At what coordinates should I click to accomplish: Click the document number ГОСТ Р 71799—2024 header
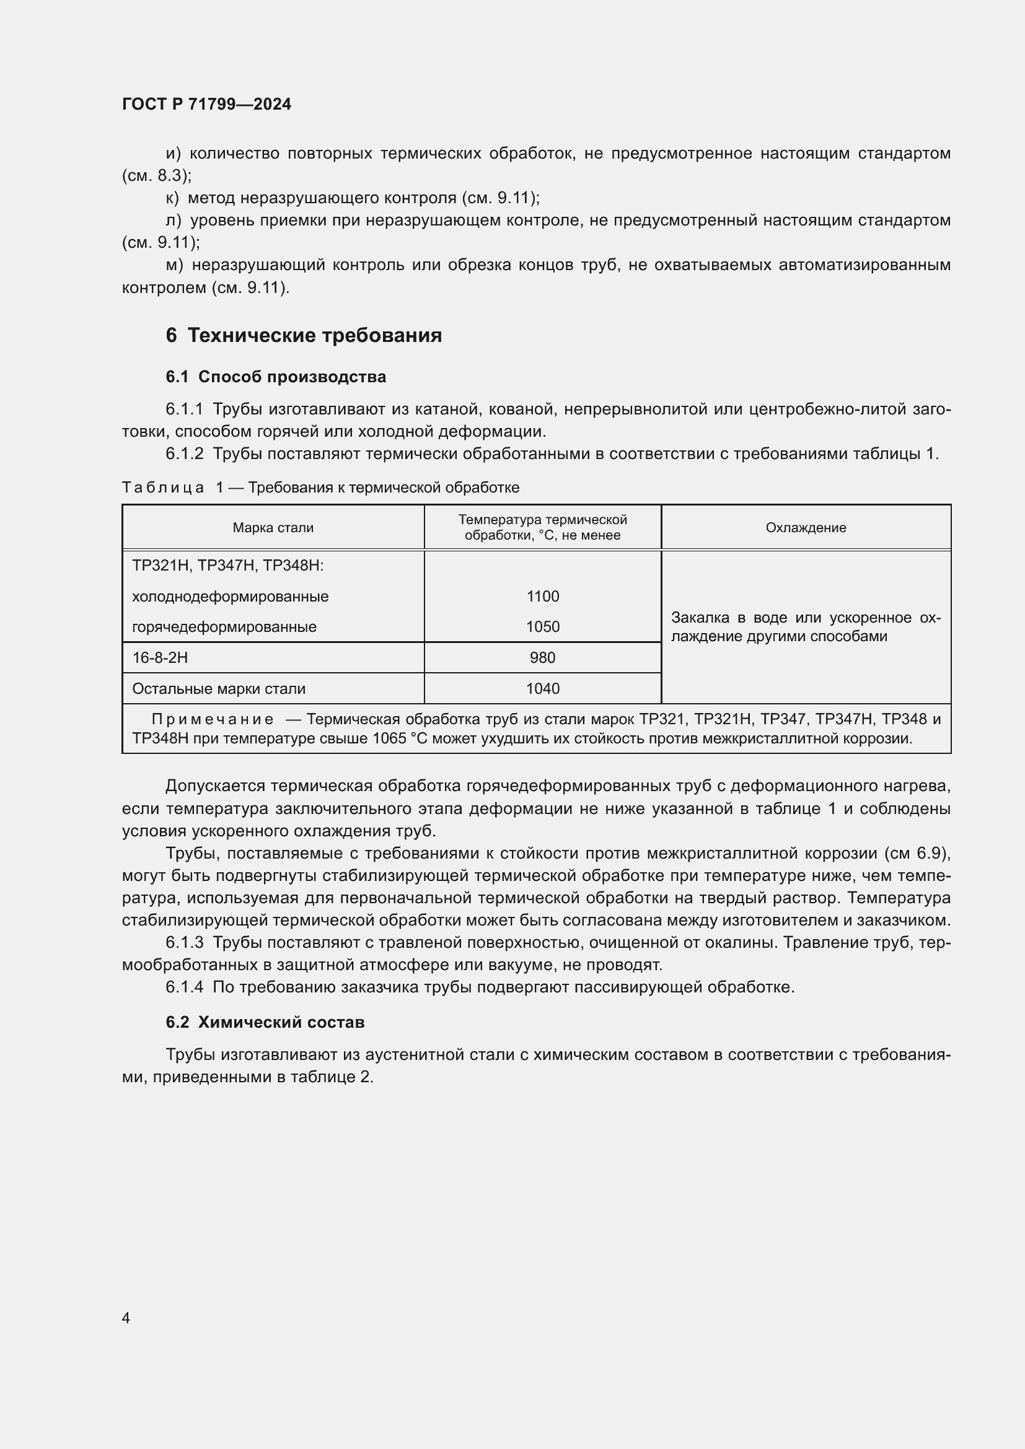point(206,104)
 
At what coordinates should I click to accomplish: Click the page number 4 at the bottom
point(126,1318)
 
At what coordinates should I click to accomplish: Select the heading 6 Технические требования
point(304,335)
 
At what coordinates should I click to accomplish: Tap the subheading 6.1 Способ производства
point(276,377)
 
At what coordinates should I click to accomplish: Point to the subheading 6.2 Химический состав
point(265,1022)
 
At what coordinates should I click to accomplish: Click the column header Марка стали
point(273,528)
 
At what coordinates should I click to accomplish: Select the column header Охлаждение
point(806,528)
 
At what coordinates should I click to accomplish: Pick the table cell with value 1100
point(542,597)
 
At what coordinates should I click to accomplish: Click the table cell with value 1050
point(542,627)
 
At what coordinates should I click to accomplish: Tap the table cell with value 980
point(542,658)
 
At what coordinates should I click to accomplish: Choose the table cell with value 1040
point(542,688)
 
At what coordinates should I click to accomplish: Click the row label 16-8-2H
point(160,658)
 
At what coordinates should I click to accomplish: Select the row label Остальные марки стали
point(218,688)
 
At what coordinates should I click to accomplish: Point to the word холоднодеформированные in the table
point(230,597)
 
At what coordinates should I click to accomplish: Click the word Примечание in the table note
point(212,719)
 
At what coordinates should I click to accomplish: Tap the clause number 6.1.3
point(184,942)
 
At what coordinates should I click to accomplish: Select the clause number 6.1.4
point(184,987)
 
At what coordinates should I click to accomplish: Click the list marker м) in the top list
point(174,265)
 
